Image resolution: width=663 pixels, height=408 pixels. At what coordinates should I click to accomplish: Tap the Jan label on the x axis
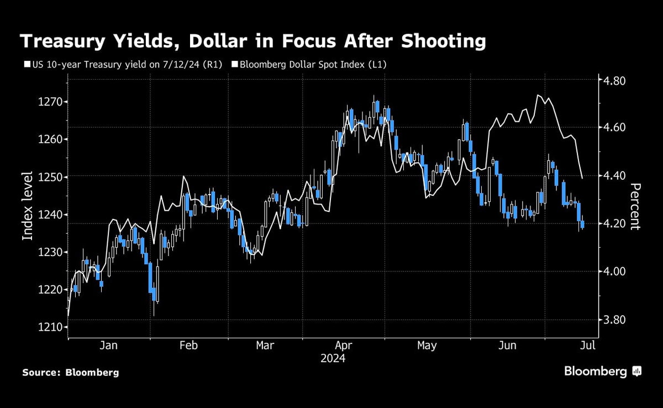pos(108,346)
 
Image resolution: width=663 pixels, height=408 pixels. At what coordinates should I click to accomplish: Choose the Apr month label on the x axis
pos(344,346)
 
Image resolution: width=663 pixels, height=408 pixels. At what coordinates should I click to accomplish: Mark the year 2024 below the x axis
pos(333,359)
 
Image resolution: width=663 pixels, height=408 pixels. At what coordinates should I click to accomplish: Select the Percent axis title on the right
pos(636,206)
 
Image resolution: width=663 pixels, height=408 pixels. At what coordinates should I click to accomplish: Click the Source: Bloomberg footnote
pos(71,373)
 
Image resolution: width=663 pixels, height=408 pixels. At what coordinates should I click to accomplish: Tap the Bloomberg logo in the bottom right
pos(603,371)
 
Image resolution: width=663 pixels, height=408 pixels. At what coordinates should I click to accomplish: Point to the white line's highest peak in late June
pos(538,95)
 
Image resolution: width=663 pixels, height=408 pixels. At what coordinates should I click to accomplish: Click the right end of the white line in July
pos(582,178)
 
